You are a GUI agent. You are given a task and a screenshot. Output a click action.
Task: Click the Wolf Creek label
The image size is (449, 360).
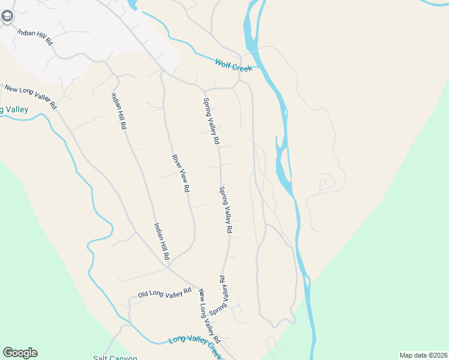pyautogui.click(x=234, y=64)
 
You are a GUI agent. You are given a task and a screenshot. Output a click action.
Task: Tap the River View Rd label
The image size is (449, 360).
pyautogui.click(x=181, y=173)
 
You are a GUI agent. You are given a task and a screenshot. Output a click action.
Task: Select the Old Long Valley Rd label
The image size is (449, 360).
pyautogui.click(x=164, y=293)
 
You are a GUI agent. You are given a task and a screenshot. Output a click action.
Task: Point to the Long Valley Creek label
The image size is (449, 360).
pyautogui.click(x=195, y=340)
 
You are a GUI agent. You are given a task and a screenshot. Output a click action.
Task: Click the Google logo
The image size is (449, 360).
pyautogui.click(x=20, y=353)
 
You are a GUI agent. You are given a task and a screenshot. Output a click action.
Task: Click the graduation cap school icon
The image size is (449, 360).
pyautogui.click(x=7, y=16)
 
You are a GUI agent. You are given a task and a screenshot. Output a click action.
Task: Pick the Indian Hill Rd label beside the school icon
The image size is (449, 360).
pyautogui.click(x=35, y=38)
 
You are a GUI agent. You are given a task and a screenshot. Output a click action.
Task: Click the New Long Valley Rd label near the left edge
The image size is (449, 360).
pyautogui.click(x=30, y=97)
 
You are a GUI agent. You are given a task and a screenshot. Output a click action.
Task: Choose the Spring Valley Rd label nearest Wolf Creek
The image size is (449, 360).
pyautogui.click(x=211, y=121)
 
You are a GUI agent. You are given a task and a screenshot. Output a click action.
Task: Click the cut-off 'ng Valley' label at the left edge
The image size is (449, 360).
pyautogui.click(x=13, y=109)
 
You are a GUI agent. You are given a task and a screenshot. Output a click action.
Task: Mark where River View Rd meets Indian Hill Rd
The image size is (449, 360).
pyautogui.click(x=169, y=265)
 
